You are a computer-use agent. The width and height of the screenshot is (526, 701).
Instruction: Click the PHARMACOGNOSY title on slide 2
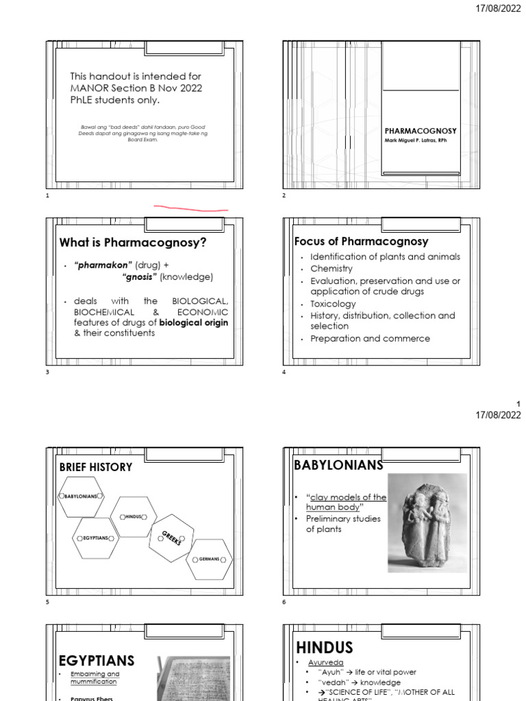(421, 130)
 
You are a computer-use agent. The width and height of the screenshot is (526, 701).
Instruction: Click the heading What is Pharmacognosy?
(133, 242)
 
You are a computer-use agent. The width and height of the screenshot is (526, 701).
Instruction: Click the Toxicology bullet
(333, 303)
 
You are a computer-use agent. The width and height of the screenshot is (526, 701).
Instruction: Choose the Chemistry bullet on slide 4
(331, 269)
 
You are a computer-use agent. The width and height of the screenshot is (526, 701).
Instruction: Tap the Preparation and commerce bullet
(370, 338)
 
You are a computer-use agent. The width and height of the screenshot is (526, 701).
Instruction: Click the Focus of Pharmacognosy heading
(361, 241)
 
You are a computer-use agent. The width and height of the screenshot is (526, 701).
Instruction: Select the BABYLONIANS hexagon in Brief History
(82, 495)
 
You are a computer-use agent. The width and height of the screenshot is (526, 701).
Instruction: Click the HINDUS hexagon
(134, 516)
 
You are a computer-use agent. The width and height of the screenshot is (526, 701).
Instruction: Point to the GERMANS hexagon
(210, 559)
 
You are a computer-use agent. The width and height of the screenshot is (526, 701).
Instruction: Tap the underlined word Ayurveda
(326, 663)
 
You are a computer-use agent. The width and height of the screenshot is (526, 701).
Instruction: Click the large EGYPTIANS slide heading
(97, 660)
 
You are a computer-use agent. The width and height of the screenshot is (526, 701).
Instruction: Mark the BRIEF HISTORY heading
(96, 467)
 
